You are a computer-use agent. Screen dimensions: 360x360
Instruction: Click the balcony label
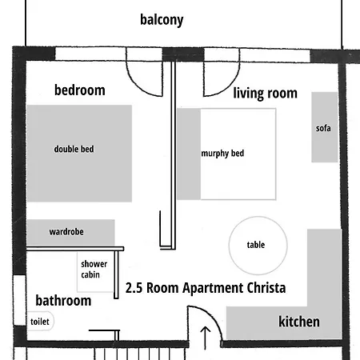[162, 20]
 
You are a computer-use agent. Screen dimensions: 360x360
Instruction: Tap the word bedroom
[80, 90]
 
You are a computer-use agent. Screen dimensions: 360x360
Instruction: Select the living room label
[265, 94]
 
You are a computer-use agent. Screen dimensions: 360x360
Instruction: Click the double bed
[79, 154]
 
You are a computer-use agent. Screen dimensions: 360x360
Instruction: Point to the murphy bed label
[222, 154]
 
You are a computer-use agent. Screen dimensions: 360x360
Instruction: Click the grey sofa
[325, 127]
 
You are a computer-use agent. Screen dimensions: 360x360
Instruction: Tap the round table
[258, 246]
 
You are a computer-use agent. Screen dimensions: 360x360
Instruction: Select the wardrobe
[70, 233]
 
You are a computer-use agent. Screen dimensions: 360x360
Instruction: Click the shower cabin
[95, 272]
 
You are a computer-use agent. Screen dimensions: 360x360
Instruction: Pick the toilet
[40, 322]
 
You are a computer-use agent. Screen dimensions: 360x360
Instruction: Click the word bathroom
[63, 301]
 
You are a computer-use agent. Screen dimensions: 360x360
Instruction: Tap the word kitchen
[299, 322]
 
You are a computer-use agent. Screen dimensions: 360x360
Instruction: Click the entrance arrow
[205, 338]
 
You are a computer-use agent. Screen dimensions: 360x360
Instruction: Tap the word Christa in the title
[266, 288]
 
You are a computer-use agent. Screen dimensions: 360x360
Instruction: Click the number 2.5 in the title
[134, 288]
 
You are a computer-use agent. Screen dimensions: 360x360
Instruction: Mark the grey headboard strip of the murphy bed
[189, 154]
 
